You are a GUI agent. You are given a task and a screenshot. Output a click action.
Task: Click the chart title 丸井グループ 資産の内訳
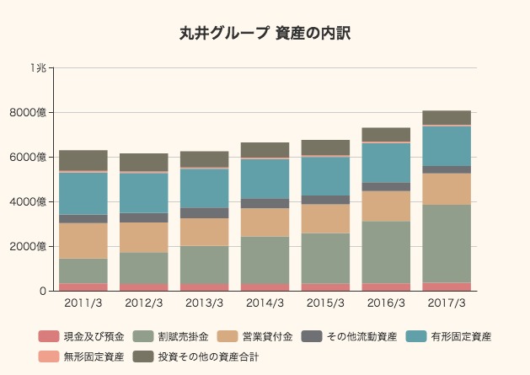pyautogui.click(x=265, y=34)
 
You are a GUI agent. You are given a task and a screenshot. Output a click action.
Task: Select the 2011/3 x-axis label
pyautogui.click(x=83, y=303)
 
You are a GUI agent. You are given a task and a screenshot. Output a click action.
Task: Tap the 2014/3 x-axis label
pyautogui.click(x=265, y=303)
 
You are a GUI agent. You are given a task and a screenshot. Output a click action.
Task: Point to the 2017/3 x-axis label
pyautogui.click(x=447, y=303)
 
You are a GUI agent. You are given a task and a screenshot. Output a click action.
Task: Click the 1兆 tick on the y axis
pyautogui.click(x=38, y=67)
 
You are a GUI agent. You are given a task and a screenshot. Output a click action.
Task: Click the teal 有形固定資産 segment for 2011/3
pyautogui.click(x=83, y=193)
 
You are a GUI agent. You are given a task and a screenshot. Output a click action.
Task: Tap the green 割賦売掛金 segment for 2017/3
pyautogui.click(x=447, y=244)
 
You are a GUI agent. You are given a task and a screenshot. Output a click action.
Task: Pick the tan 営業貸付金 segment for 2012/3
pyautogui.click(x=144, y=238)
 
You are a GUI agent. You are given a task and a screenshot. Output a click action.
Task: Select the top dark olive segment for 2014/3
pyautogui.click(x=265, y=150)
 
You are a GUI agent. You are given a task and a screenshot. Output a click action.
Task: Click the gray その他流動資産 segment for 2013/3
pyautogui.click(x=205, y=213)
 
